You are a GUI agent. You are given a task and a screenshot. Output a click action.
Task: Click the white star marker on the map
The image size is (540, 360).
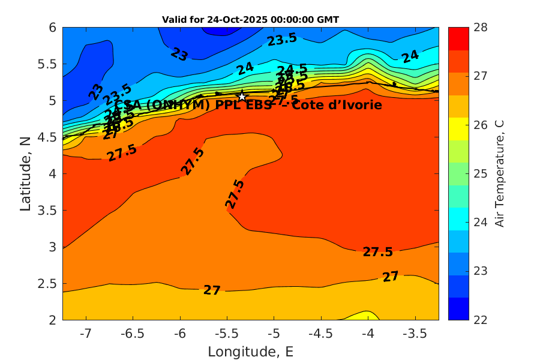click(242, 97)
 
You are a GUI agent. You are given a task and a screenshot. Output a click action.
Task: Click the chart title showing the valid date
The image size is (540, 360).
click(250, 20)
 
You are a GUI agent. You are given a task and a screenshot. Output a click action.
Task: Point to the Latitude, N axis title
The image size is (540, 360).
click(25, 173)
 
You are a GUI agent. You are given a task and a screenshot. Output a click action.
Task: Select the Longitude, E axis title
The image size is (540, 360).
click(250, 352)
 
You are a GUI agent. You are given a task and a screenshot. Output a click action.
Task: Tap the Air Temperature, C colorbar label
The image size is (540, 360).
click(499, 173)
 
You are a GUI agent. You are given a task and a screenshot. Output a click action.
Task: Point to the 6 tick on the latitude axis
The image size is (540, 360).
click(52, 28)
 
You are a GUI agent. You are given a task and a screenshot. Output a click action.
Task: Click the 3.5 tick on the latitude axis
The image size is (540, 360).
click(47, 210)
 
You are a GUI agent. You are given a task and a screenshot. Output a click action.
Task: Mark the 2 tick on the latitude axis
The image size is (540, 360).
click(52, 319)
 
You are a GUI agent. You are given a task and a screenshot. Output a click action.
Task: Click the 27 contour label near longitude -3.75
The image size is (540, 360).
click(391, 277)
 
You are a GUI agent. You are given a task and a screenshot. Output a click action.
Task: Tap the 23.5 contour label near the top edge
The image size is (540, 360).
click(282, 40)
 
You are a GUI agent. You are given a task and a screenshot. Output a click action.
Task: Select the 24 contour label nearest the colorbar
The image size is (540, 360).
click(410, 57)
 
